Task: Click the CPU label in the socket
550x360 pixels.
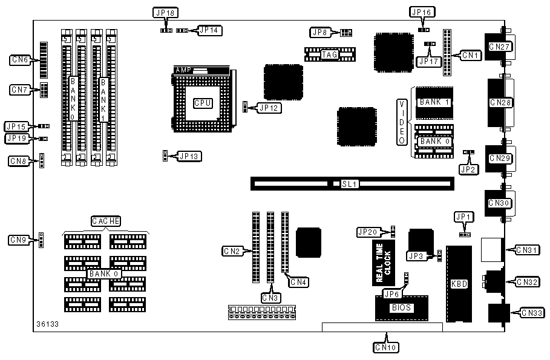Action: [203, 103]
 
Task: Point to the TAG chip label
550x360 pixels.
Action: [329, 54]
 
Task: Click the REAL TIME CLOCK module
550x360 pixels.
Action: [384, 263]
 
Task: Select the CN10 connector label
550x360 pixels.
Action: [386, 347]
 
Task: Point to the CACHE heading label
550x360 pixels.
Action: [106, 221]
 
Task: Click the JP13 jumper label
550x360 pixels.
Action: [190, 156]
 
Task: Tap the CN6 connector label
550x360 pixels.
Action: [21, 59]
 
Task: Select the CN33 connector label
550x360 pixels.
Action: [532, 313]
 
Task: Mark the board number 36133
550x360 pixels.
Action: [47, 324]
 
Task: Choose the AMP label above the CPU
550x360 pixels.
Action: [183, 70]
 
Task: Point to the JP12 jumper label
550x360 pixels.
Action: [268, 108]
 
